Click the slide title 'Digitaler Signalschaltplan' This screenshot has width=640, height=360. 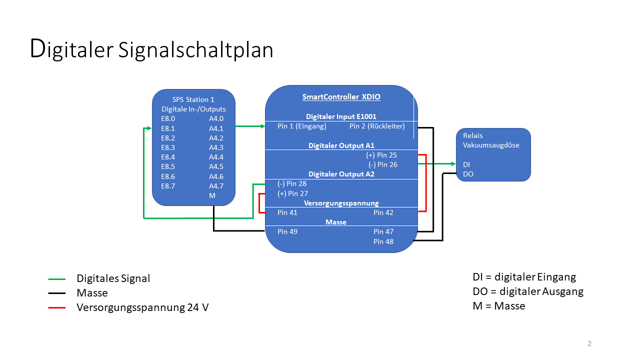(x=151, y=49)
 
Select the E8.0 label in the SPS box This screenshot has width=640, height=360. (x=168, y=119)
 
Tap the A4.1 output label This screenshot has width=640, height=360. (x=216, y=128)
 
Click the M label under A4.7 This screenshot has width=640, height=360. (x=212, y=195)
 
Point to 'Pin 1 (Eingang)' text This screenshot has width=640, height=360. (x=301, y=126)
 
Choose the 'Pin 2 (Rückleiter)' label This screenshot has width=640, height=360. (x=377, y=126)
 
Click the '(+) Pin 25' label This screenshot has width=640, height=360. (x=381, y=155)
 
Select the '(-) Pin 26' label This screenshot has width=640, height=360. (x=382, y=164)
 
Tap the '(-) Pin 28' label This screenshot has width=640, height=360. (x=292, y=183)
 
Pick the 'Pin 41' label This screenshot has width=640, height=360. (x=287, y=212)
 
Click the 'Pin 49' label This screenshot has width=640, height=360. (x=287, y=231)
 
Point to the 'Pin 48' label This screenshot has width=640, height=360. (x=383, y=241)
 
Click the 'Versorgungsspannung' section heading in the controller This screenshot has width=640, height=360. (x=341, y=203)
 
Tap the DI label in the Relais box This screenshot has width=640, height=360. (x=466, y=164)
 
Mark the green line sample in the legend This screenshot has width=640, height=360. (x=57, y=278)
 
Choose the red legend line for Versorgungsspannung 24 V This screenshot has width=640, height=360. (x=57, y=307)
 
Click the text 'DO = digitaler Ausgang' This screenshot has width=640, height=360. (x=528, y=291)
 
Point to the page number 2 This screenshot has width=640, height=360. (x=589, y=343)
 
